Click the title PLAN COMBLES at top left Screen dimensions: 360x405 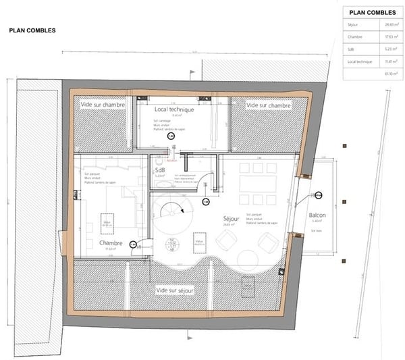click(32, 30)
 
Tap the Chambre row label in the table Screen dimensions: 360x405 click(355, 38)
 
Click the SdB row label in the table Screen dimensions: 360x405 click(352, 49)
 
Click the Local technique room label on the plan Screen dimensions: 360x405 click(174, 109)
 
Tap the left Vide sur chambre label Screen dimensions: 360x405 click(103, 105)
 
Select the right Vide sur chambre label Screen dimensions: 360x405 click(269, 106)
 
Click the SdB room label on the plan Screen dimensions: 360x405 click(160, 171)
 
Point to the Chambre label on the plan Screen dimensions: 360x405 click(110, 242)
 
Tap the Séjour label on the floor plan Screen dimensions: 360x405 click(232, 220)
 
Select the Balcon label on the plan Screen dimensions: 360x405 click(317, 216)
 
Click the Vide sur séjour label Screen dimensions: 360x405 click(175, 290)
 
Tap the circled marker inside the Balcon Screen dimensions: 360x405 click(317, 195)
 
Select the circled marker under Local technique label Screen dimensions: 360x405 click(171, 136)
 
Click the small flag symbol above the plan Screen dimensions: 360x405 click(192, 72)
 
